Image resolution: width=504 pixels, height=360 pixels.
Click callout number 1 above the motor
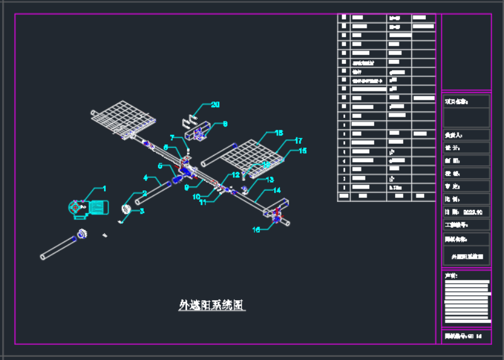pyautogui.click(x=105, y=189)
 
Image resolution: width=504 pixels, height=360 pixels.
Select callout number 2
pyautogui.click(x=144, y=194)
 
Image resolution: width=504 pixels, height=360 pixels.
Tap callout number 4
pyautogui.click(x=146, y=178)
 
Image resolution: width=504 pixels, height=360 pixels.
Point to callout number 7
pyautogui.click(x=172, y=137)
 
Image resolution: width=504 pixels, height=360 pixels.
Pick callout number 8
pyautogui.click(x=225, y=124)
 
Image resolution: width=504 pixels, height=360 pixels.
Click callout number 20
pyautogui.click(x=215, y=105)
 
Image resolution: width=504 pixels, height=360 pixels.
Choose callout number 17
pyautogui.click(x=298, y=141)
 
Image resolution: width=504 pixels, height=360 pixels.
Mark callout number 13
pyautogui.click(x=270, y=180)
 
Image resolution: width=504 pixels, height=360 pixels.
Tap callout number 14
pyautogui.click(x=277, y=190)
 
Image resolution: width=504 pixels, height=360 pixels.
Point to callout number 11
pyautogui.click(x=203, y=202)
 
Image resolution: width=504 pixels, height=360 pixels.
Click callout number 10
pyautogui.click(x=197, y=196)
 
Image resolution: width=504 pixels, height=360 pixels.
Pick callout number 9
pyautogui.click(x=187, y=187)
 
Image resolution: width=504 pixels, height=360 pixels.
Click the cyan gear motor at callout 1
pyautogui.click(x=89, y=208)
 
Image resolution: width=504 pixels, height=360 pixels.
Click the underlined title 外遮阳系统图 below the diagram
pyautogui.click(x=212, y=306)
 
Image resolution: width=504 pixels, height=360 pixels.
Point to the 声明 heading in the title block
pyautogui.click(x=451, y=275)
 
